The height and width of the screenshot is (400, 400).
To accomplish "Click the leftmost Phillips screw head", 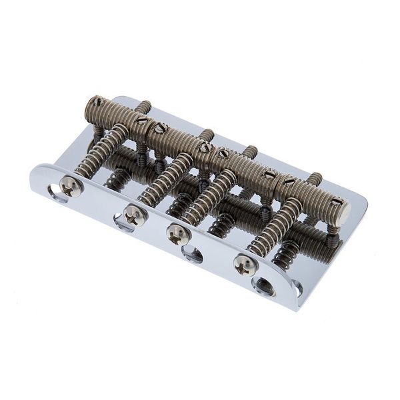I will tap(70, 187).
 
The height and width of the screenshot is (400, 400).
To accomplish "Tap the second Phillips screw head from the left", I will tap(135, 215).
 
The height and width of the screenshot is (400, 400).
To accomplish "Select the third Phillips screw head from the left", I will tap(178, 233).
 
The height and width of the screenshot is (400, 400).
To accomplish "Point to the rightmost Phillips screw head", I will tap(245, 265).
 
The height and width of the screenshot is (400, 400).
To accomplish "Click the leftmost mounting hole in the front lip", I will tap(56, 193).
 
